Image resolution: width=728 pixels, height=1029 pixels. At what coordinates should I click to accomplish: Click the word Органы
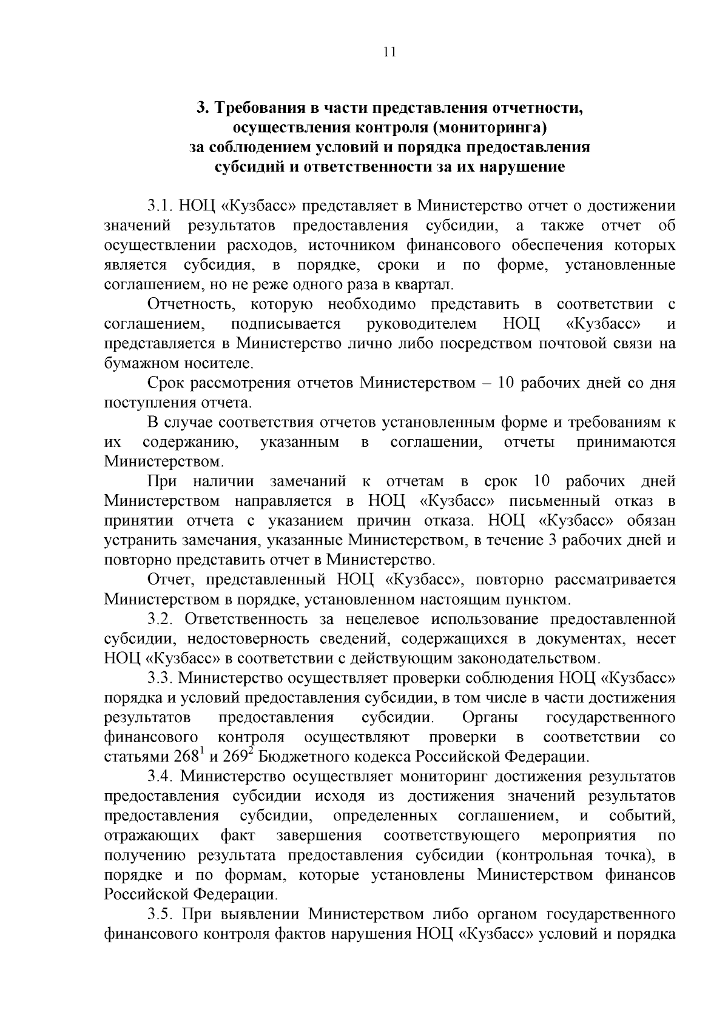(490, 717)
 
